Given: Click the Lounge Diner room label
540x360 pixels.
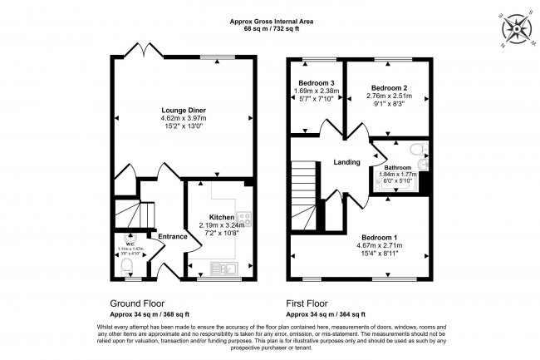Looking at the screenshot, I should click(x=184, y=110).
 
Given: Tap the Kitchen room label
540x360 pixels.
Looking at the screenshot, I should click(x=221, y=216).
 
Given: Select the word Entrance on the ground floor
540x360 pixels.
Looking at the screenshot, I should click(x=172, y=237).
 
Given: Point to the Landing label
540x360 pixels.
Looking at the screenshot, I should click(x=346, y=162).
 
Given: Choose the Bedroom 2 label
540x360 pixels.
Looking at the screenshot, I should click(x=388, y=88).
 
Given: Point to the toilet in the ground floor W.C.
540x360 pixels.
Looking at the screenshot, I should click(x=126, y=266).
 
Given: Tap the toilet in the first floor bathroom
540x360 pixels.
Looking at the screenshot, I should click(x=422, y=150).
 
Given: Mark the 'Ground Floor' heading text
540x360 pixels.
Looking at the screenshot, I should click(x=137, y=303).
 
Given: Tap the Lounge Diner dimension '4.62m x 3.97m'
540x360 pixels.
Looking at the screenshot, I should click(x=184, y=118).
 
